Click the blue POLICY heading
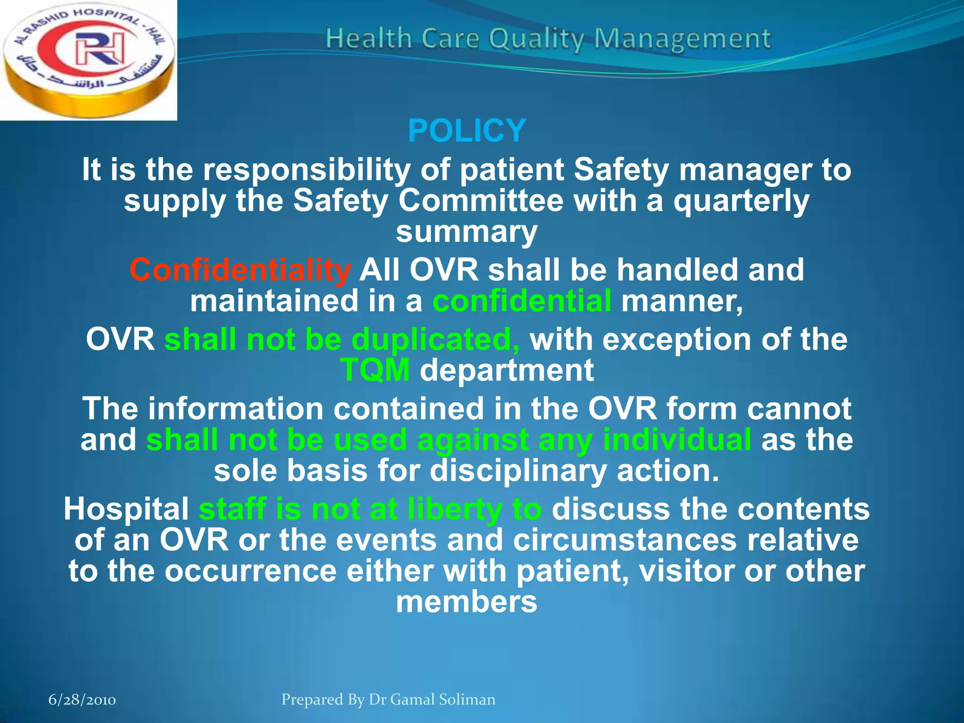[x=466, y=131]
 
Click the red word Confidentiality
[x=240, y=270]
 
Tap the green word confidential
[x=522, y=301]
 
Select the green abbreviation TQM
[x=375, y=370]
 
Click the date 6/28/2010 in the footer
[x=82, y=700]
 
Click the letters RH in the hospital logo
[x=100, y=49]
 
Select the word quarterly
[x=741, y=201]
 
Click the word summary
[x=466, y=232]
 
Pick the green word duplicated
[x=435, y=339]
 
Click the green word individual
[x=676, y=440]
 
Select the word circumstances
[x=625, y=540]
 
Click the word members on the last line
[x=466, y=602]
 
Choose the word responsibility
[x=306, y=169]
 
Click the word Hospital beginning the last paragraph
[x=126, y=509]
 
